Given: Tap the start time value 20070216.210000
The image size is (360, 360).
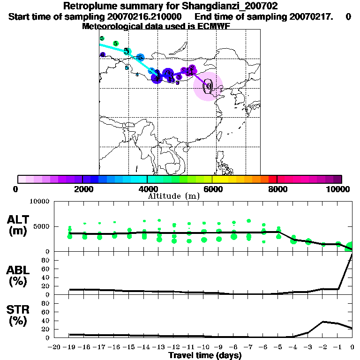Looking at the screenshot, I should [x=145, y=17].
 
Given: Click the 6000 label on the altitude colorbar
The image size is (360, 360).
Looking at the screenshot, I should [x=212, y=189].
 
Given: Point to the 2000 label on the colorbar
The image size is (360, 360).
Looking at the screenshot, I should [x=82, y=189].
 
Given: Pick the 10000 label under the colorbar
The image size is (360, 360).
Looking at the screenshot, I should [x=338, y=189].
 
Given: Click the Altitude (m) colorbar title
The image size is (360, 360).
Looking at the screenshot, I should [x=173, y=196].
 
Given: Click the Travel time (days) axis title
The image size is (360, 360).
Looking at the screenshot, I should [x=204, y=355].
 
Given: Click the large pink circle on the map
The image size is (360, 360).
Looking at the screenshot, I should [x=208, y=86].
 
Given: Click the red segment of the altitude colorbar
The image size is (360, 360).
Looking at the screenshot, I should [x=272, y=179].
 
